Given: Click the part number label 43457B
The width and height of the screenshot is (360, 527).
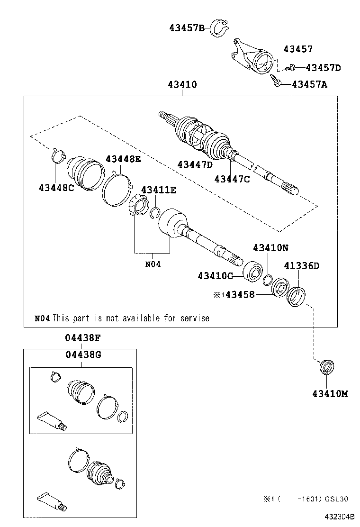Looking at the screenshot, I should click(x=186, y=28).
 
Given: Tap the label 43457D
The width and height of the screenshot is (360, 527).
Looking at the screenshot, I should click(x=323, y=68).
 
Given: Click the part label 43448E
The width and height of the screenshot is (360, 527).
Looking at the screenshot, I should click(x=123, y=159).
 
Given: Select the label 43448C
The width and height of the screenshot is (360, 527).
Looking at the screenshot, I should click(x=56, y=188).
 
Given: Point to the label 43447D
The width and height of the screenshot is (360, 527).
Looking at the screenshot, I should click(x=195, y=164).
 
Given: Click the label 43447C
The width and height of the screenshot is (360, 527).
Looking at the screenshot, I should click(x=232, y=179).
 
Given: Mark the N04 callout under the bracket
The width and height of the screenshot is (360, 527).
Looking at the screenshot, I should click(x=153, y=264).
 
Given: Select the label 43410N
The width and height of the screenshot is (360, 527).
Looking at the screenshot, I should click(x=270, y=247).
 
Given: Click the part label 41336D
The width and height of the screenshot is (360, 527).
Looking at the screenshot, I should click(x=301, y=265).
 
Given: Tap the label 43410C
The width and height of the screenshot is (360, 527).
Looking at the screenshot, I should click(x=215, y=275).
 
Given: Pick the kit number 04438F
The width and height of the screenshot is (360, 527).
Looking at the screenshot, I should click(x=82, y=338).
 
